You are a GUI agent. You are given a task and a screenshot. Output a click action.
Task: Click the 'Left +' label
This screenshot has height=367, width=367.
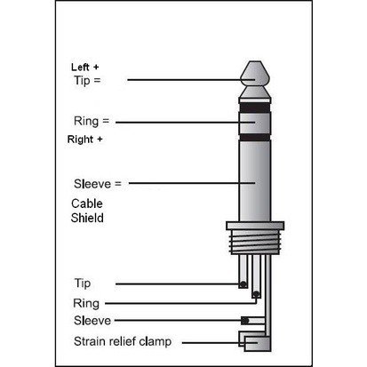point(84,68)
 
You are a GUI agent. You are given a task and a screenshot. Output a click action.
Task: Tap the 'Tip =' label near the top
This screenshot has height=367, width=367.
point(87,80)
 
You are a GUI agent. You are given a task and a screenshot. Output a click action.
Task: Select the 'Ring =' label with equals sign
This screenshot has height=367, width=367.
point(92,121)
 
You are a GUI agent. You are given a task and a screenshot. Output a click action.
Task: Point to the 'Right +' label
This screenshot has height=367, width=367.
point(84,140)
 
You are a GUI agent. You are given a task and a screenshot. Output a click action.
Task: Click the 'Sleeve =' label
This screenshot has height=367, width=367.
point(98,184)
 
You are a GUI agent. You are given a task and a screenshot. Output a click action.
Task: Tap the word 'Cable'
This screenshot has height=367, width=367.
point(87,203)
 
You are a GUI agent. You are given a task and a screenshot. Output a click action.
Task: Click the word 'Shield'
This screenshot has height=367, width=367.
point(87,218)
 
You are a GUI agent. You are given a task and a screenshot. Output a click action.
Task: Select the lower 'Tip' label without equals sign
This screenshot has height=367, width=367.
point(83,283)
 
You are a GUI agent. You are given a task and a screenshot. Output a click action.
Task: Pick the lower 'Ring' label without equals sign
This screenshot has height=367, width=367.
point(86,304)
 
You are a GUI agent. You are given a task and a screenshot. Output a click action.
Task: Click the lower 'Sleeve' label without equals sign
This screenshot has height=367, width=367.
point(92,321)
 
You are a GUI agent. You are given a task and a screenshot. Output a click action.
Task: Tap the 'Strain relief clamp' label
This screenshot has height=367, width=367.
point(123,341)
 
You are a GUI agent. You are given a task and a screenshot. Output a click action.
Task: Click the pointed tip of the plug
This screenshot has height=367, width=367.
point(255,61)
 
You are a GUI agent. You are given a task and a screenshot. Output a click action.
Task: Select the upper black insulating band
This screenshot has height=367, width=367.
point(255,108)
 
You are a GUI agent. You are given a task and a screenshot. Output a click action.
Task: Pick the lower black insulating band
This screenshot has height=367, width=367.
point(255,137)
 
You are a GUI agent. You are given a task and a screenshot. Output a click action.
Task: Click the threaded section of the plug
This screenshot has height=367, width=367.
point(255,242)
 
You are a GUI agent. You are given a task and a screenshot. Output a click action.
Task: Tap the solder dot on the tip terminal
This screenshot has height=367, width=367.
point(243,284)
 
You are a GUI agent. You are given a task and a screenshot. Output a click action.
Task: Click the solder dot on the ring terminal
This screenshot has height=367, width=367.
point(256,294)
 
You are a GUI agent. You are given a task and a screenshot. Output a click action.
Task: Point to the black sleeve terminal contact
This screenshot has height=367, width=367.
point(244,321)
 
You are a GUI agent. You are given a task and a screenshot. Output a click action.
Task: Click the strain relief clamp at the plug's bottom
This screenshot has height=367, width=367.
point(255,341)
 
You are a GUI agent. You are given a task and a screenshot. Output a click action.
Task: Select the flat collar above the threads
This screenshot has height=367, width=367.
point(255,226)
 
